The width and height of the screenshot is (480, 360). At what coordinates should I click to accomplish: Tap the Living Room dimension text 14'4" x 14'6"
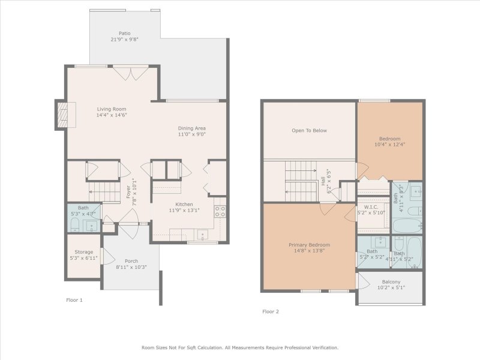tap(112, 115)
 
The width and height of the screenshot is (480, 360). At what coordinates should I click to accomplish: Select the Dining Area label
tap(192, 128)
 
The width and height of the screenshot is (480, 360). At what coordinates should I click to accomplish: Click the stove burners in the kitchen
tap(220, 211)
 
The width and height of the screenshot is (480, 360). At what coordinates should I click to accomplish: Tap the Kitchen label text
tap(184, 205)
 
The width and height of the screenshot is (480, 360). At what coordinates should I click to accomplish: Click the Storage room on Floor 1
tap(83, 252)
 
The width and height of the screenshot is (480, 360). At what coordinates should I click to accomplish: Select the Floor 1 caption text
tap(74, 299)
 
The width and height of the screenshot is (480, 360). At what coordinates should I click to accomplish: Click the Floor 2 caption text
tap(271, 311)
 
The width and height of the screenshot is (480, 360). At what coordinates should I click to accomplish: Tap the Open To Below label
tap(309, 130)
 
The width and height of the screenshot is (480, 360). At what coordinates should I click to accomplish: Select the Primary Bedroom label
tap(309, 245)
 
